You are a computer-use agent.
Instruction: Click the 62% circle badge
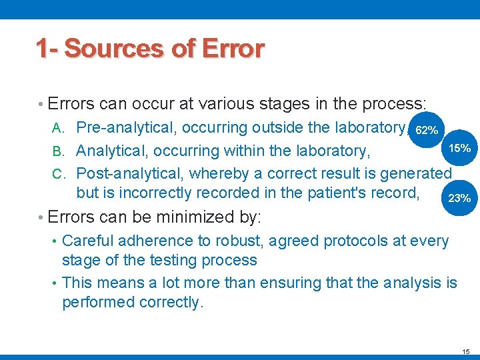(x=426, y=129)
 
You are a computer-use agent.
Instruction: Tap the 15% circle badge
(x=459, y=147)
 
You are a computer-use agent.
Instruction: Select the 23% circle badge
(x=459, y=198)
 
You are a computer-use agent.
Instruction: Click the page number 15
(x=465, y=351)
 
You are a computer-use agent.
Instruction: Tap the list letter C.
(x=58, y=174)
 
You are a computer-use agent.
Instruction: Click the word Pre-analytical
(x=127, y=127)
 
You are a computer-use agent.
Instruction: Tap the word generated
(x=416, y=173)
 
